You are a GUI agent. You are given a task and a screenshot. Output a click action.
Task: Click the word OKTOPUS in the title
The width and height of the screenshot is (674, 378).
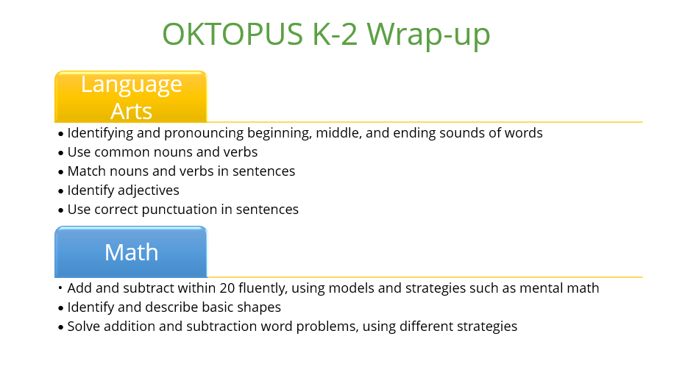pos(233,34)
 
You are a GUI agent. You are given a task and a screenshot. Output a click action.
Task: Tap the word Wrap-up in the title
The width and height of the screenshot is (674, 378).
pos(428,35)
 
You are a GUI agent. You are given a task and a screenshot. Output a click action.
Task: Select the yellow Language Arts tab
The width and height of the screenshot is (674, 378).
pos(131,96)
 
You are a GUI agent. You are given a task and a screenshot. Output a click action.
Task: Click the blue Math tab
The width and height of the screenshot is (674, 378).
pos(131,252)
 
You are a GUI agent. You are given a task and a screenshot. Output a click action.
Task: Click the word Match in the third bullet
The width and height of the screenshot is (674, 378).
pos(86,171)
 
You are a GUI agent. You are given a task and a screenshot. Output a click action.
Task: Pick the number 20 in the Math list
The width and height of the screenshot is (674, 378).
pos(227,288)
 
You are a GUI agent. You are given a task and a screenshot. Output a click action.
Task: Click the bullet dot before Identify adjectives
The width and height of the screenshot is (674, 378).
pos(60,192)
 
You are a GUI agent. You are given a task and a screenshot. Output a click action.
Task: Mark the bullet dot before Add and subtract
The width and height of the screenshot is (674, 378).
pos(60,288)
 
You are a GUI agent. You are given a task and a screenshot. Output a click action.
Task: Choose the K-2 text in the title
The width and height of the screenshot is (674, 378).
pos(335,34)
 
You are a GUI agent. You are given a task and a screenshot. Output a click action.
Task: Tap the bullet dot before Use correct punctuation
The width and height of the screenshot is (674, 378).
pos(60,210)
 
